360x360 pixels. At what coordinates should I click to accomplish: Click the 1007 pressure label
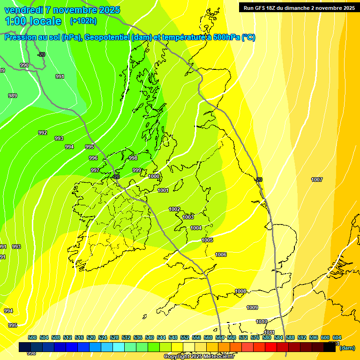tap(317, 180)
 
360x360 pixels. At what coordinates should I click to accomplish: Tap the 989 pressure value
tap(13, 96)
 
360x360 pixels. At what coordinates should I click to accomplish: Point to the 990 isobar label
tap(24, 66)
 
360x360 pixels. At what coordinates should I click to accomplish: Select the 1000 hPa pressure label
tap(154, 177)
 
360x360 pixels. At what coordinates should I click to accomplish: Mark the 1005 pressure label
tap(207, 240)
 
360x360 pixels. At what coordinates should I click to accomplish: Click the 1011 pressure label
tap(269, 333)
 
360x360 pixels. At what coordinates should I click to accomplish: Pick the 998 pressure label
tap(133, 158)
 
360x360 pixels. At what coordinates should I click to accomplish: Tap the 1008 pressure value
tap(240, 292)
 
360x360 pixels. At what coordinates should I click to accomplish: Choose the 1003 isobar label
tap(188, 217)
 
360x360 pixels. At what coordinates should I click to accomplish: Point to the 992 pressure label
tap(43, 133)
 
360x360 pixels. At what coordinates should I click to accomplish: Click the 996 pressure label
tap(93, 158)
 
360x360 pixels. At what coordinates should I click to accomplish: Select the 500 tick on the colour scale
tap(32, 338)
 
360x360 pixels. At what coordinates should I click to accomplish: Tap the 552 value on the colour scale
tap(185, 338)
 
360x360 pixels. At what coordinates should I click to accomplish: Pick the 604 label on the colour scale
tap(337, 338)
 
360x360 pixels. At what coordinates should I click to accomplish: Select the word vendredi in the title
tap(24, 10)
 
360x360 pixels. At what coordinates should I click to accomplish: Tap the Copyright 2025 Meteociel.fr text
tap(199, 357)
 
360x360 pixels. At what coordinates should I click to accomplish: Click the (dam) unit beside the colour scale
tap(347, 348)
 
